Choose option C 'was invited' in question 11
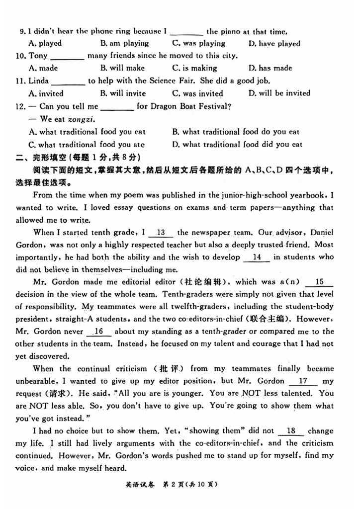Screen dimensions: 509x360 coord(197,93)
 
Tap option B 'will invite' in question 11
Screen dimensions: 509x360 coord(123,93)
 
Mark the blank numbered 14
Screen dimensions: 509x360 coord(257,257)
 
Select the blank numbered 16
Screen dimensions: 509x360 coord(98,332)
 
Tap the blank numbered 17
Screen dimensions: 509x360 coord(302,381)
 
